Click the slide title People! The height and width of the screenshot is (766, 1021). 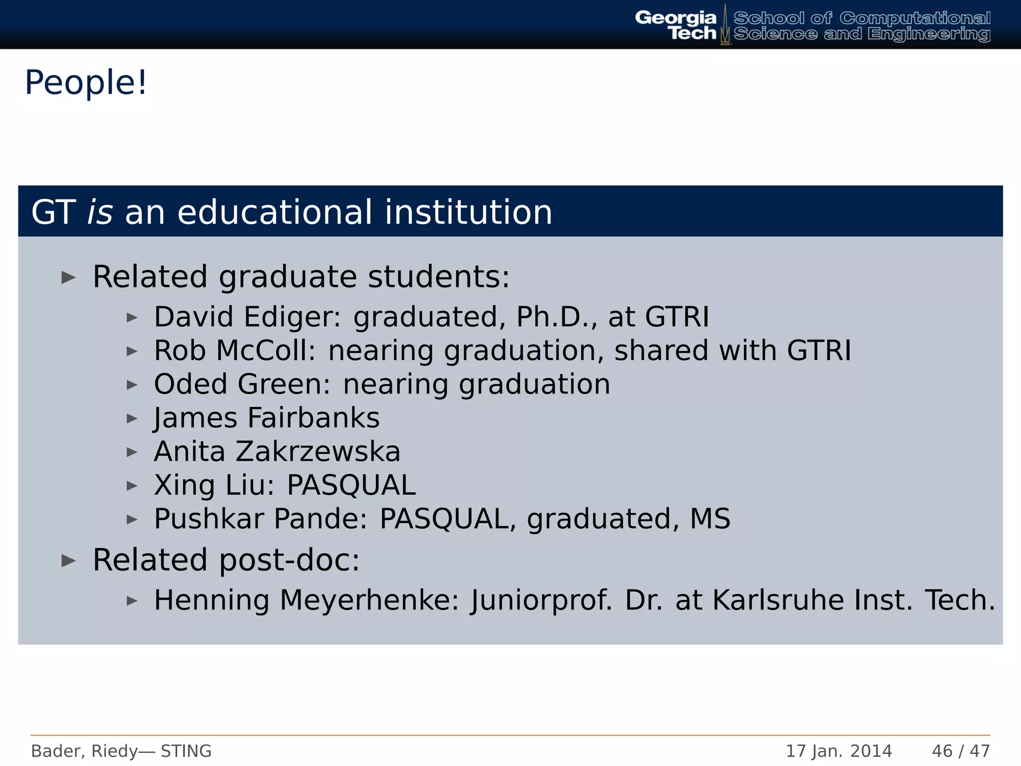[x=86, y=83]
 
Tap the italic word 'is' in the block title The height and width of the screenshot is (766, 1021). [x=100, y=212]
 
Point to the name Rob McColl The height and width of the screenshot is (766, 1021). [x=235, y=351]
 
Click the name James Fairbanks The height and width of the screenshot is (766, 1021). [x=267, y=418]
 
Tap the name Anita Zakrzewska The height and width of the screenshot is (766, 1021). [x=277, y=452]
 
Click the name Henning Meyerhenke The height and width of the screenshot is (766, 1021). [x=306, y=600]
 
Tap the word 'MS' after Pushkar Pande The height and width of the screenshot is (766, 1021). [x=710, y=519]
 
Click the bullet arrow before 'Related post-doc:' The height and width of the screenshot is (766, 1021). [x=68, y=561]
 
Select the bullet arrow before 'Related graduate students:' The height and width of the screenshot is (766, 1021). [x=68, y=277]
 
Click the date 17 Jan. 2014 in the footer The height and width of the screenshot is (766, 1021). [x=839, y=751]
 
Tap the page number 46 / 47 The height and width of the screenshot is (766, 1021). [x=961, y=751]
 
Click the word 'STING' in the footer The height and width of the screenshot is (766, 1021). [x=186, y=751]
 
